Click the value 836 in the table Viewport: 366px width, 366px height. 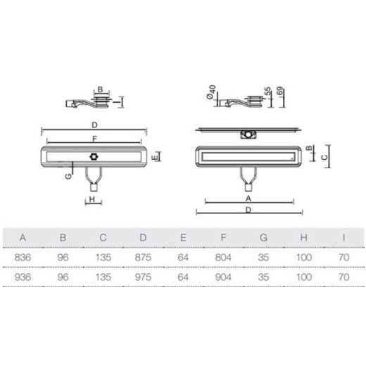pos(23,258)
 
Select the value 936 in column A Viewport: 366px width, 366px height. pos(23,277)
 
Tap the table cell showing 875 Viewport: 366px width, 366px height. pos(143,258)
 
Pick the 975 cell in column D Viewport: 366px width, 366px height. pos(143,277)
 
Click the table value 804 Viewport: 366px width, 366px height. pos(223,258)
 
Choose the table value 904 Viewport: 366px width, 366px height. pos(223,277)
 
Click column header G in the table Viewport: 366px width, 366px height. pos(263,238)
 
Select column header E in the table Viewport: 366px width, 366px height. pos(183,238)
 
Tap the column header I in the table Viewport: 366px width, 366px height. pos(343,238)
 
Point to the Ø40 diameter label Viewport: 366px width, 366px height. pos(211,92)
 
